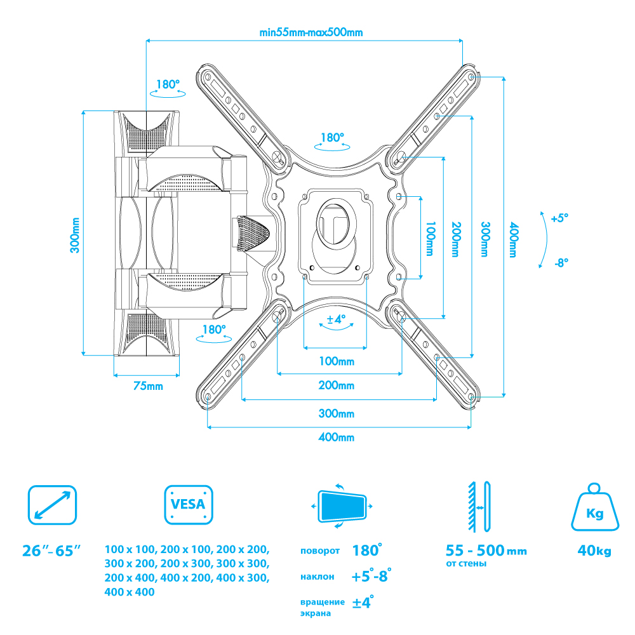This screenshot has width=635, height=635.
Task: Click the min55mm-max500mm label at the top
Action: point(303,33)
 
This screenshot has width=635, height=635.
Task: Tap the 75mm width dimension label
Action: point(147,386)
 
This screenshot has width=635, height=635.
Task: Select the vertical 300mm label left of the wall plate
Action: point(75,236)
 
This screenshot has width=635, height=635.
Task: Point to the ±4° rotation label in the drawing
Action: point(336,319)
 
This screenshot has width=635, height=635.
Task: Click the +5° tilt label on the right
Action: point(559,218)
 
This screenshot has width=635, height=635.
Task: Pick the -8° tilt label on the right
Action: point(559,262)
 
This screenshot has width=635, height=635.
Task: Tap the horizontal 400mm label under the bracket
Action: point(337,438)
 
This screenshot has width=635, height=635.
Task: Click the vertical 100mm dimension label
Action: point(430,239)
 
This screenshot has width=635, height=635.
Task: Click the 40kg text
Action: point(594,551)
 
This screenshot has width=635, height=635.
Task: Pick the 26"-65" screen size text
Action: point(52,550)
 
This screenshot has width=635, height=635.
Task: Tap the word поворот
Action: point(321,551)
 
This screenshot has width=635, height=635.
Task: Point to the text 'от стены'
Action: point(467,563)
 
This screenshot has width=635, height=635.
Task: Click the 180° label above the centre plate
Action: point(332,137)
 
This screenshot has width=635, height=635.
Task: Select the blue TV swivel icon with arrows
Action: point(342,507)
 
